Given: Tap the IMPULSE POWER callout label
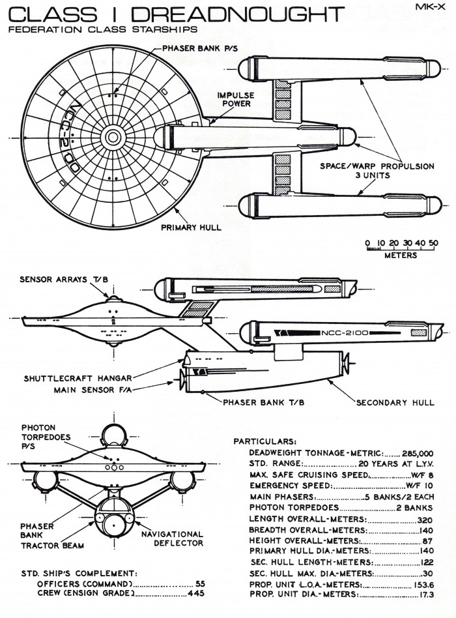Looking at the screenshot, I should coord(235,99).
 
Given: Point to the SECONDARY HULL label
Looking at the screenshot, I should coord(395,402).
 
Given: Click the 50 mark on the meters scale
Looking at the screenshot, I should coord(433,243).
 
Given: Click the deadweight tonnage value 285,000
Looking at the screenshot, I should coord(420,453).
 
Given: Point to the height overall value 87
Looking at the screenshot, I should coord(428,541).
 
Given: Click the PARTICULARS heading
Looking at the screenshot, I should coord(265,441).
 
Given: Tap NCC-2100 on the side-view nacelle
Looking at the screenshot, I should coord(345,332).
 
